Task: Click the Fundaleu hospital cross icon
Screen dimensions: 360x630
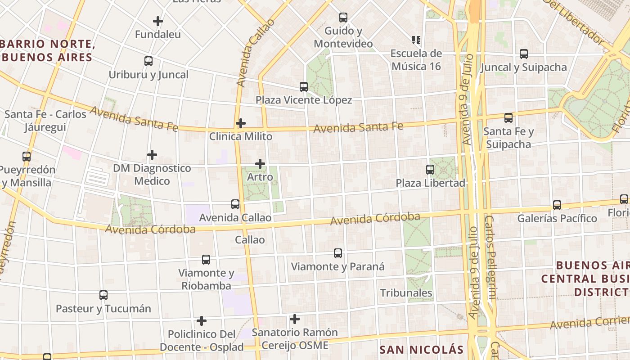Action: (158, 21)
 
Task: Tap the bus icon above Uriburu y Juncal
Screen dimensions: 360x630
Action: (148, 61)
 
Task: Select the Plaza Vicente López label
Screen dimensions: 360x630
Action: (304, 100)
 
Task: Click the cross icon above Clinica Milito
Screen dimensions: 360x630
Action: (241, 123)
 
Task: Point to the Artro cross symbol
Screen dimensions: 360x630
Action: (260, 164)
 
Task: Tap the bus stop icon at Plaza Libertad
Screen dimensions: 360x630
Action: (430, 170)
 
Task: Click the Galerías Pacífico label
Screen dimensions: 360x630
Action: (557, 219)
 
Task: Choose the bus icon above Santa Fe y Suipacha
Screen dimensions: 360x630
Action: (508, 118)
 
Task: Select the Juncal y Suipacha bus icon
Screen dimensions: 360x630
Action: (524, 54)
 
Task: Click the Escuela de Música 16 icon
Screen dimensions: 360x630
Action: (416, 40)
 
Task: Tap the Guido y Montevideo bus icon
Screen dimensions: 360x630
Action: (343, 18)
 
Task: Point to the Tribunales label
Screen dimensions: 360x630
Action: (406, 293)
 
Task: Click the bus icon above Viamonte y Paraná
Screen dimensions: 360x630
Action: (338, 253)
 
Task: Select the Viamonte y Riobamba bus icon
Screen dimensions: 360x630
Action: (206, 260)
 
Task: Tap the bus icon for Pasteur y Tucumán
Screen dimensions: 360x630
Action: (103, 296)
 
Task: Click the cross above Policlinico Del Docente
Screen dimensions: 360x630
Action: (202, 321)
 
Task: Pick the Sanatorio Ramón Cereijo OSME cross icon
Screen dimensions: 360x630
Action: (295, 319)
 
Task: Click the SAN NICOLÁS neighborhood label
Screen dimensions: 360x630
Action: (421, 350)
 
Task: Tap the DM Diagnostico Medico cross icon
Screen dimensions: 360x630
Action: (152, 155)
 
